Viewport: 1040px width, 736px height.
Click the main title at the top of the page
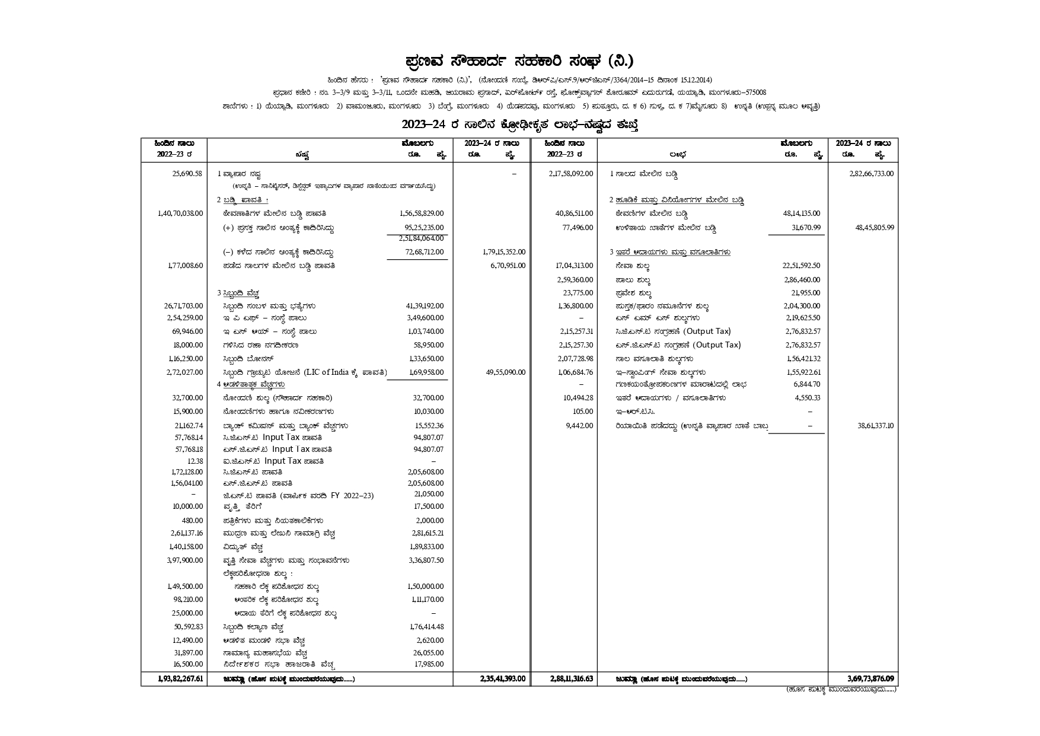coord(519,61)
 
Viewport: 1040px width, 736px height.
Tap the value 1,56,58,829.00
coord(422,214)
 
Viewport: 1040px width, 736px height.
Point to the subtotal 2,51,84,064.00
coord(422,238)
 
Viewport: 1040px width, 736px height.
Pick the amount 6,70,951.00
coord(508,266)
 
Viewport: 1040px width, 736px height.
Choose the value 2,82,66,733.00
coord(871,174)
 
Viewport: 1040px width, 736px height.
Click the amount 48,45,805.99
coord(875,228)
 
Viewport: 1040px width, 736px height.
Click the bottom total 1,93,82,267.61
coord(180,678)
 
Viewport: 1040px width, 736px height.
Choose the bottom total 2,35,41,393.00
coord(503,678)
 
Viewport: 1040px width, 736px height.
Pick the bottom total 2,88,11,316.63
coord(571,678)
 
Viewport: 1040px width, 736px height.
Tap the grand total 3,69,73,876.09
coord(870,678)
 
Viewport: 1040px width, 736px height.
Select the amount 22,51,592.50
coord(802,266)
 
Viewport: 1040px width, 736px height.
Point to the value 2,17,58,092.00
coord(571,174)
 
